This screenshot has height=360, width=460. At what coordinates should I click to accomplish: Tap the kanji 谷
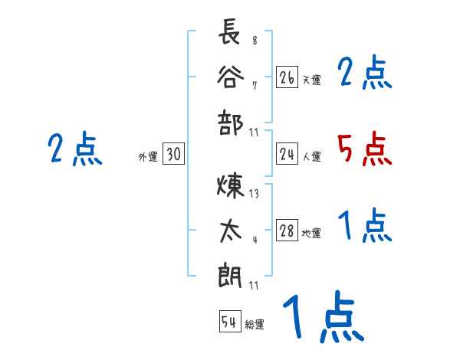coord(230,77)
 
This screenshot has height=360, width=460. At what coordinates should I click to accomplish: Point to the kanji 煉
coord(230,186)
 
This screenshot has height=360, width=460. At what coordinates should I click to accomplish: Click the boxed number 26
coord(287,77)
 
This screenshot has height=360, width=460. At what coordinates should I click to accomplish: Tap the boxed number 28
coord(287,231)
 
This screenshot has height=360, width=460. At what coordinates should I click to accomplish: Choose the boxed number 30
coord(173,155)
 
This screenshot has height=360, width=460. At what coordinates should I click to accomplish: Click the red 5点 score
coord(364,149)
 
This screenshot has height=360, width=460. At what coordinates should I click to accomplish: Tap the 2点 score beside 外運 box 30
coord(75,149)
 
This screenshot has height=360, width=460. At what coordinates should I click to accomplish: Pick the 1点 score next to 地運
coord(364,226)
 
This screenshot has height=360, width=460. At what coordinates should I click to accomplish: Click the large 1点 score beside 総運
coord(322,318)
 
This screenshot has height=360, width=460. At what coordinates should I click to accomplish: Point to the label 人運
coord(311,157)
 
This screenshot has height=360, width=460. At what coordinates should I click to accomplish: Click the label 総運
coord(255,325)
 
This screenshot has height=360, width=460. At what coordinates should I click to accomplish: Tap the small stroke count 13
coord(254,194)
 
